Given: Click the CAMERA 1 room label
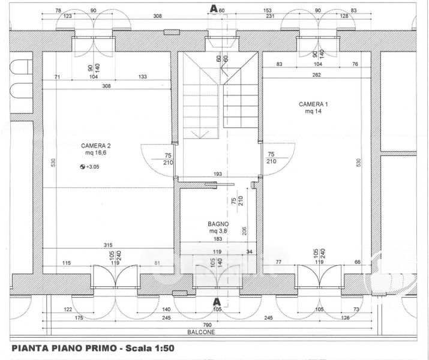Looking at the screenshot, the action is (x=313, y=104).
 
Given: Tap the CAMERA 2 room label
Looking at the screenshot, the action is (x=96, y=146).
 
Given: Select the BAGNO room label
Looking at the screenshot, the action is (x=218, y=224).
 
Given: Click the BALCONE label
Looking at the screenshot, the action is (x=201, y=332).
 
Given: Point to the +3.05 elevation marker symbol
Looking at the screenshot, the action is (x=82, y=167).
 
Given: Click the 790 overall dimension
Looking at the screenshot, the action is (x=207, y=325).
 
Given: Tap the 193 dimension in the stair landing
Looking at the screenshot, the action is (x=218, y=174).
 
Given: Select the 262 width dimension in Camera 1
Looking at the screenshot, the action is (x=316, y=74).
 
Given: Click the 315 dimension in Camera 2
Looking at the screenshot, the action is (x=108, y=245).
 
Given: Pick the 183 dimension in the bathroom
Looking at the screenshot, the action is (x=218, y=239).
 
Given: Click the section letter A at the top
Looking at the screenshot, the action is (x=214, y=9).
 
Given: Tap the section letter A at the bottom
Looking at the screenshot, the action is (x=217, y=302).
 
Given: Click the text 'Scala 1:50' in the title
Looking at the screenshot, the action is (x=150, y=348).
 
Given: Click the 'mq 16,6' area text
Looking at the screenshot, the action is (x=96, y=153).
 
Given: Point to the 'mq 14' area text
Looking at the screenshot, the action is (x=313, y=112).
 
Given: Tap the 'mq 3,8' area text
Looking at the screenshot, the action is (x=218, y=231).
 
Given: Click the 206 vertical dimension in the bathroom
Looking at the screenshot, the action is (x=244, y=231).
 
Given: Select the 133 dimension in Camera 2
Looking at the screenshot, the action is (x=143, y=77).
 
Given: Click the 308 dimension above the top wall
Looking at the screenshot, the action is (x=157, y=16).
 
